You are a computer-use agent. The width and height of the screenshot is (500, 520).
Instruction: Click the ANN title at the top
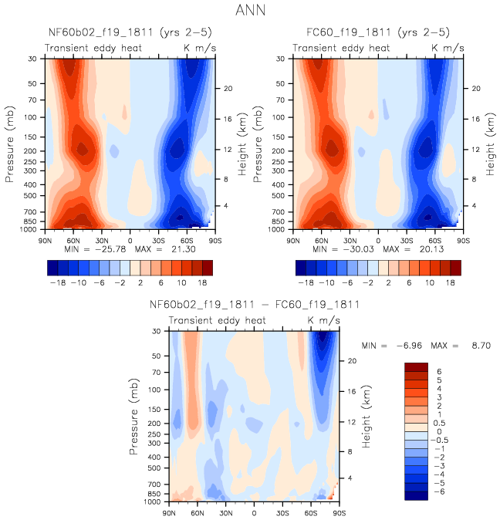click(250, 12)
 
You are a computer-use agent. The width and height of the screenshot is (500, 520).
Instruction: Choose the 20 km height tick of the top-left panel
click(228, 88)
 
